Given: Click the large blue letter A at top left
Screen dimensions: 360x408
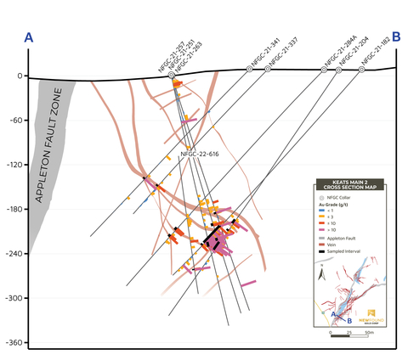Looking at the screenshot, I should [x=30, y=37].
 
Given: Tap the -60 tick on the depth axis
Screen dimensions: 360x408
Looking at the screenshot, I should [x=16, y=120].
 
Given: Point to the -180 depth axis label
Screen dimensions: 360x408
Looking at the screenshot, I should [x=14, y=209].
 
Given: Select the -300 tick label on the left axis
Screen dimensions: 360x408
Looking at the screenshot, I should [x=14, y=298].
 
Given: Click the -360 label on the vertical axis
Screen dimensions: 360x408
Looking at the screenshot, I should [x=14, y=343].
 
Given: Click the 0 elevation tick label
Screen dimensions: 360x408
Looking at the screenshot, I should [x=20, y=76].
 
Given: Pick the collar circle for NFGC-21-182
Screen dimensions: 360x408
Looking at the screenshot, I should [x=361, y=69].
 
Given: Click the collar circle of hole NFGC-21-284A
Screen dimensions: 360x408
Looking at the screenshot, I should [x=324, y=69].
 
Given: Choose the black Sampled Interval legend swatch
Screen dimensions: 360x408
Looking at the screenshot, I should [x=321, y=252].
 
